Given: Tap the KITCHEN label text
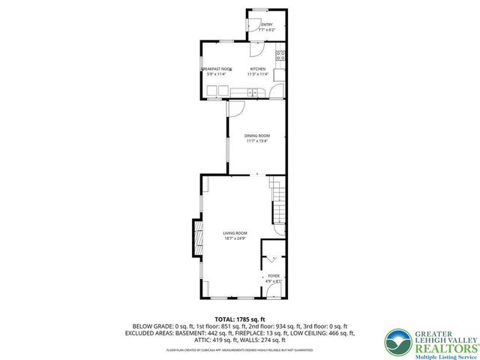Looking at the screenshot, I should click(x=257, y=69).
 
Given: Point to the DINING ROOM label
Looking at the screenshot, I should click(x=256, y=135).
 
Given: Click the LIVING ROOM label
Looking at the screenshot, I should click(x=235, y=233).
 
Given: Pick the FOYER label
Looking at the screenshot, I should click(x=274, y=276).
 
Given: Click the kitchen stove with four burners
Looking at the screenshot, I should click(x=280, y=54).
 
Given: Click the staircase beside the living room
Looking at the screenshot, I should click(x=278, y=201).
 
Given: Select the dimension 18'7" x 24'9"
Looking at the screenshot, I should click(x=235, y=238).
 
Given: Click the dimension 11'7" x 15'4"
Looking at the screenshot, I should click(x=256, y=140).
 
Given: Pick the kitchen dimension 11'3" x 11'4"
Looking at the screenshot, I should click(x=257, y=74).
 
